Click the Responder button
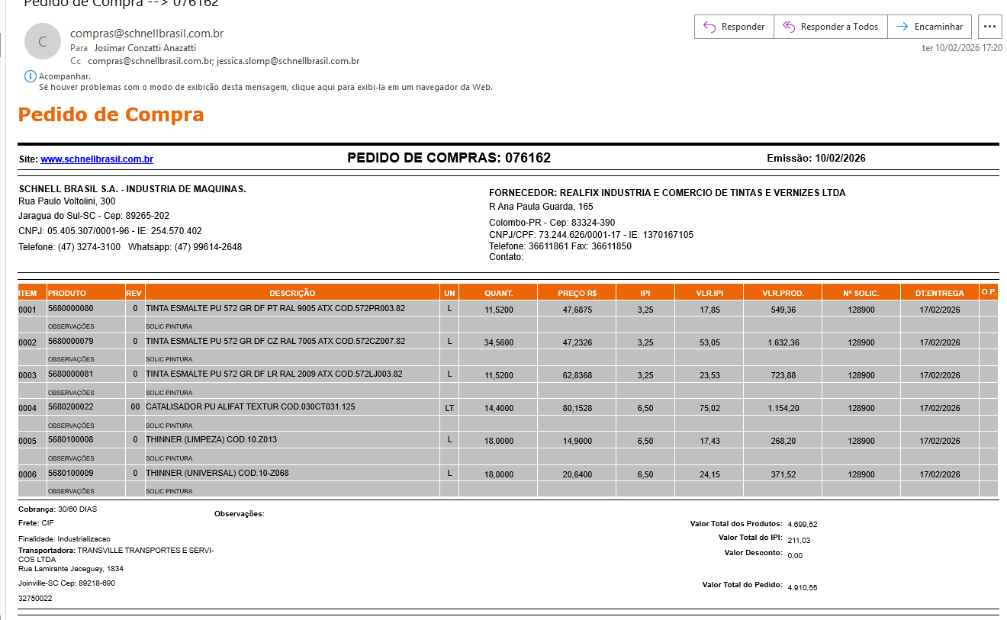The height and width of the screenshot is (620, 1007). coord(734,27)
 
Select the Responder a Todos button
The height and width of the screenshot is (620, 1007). coord(831,27)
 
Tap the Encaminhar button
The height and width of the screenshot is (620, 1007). coord(929,27)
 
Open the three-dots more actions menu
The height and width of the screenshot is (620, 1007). coord(989,27)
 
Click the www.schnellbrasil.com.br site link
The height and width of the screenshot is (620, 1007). coord(97,159)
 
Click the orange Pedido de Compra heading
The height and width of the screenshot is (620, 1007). coord(111,115)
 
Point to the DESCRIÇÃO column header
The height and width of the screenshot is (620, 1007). coord(292,293)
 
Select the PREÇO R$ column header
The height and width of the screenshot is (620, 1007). coord(577,293)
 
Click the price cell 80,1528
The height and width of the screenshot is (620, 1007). coord(577,408)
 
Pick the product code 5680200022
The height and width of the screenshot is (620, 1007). coord(70,407)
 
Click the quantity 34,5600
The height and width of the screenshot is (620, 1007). coord(499,342)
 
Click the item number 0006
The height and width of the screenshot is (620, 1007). coord(27,474)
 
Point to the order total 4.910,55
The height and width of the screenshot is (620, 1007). coord(803,588)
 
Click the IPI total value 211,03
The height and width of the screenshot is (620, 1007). coord(799,541)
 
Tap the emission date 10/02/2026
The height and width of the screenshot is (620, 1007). coord(840,159)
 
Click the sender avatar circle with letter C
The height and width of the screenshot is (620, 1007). coord(43,42)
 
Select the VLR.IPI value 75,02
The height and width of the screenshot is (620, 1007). coord(709,408)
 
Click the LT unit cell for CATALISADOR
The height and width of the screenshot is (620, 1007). coord(449,408)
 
